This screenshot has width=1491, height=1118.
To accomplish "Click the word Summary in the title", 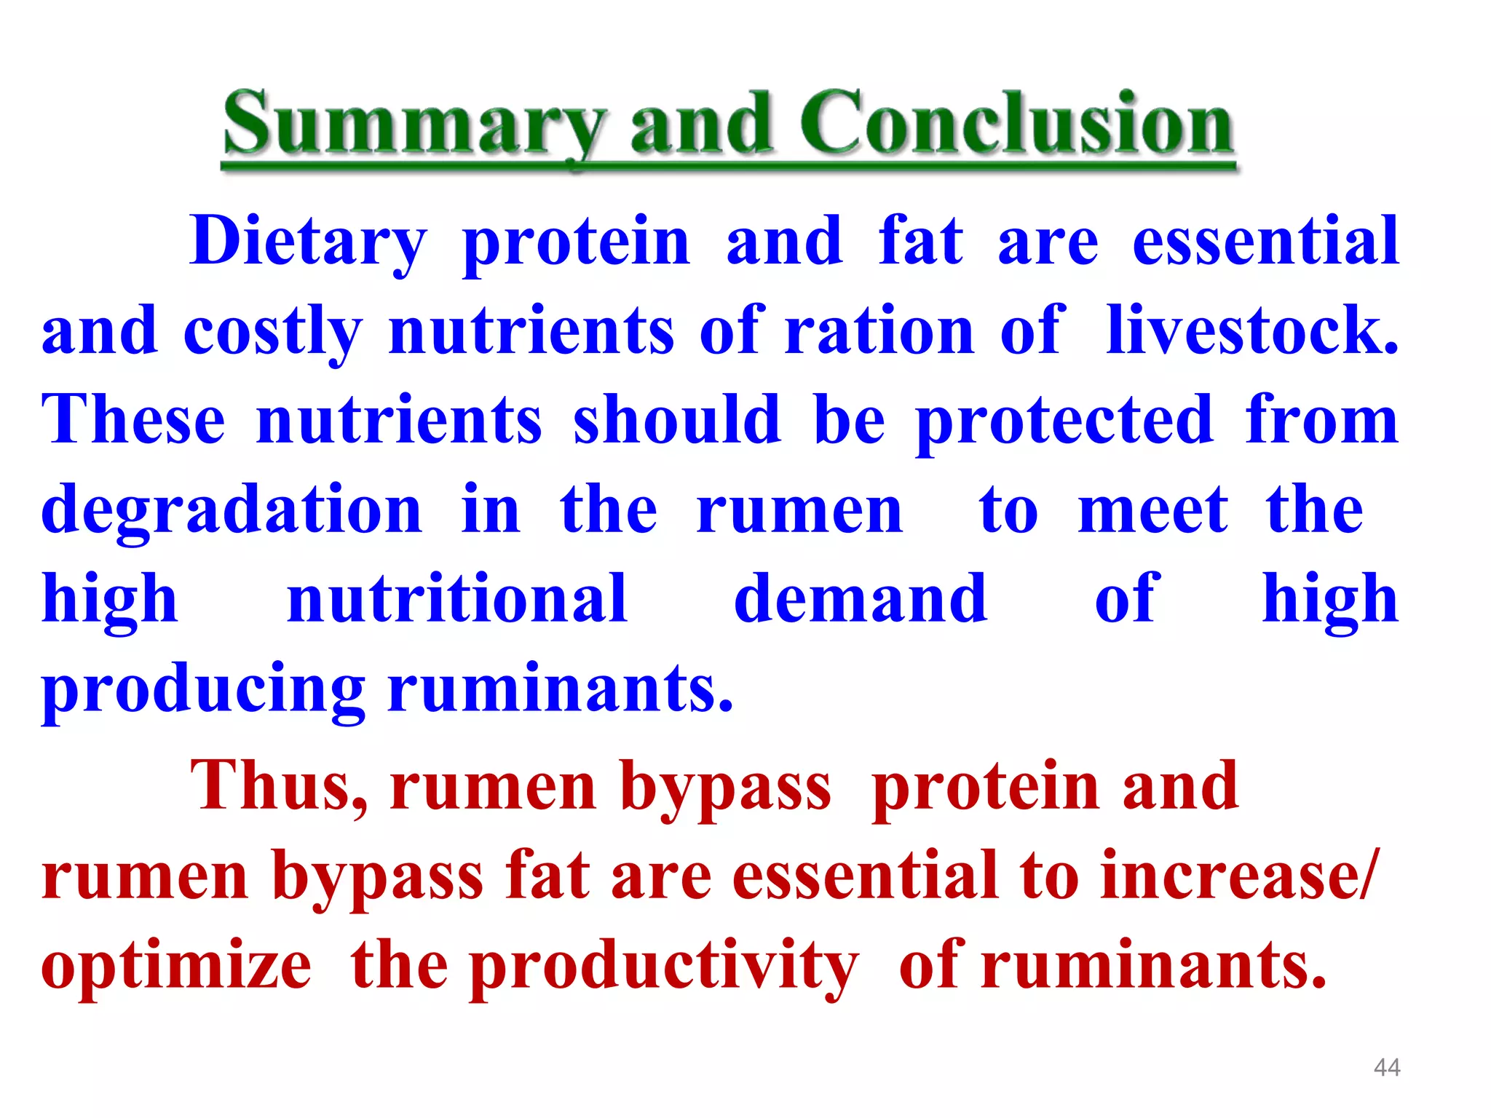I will tap(414, 125).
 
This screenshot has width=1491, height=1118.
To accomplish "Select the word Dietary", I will tap(307, 242).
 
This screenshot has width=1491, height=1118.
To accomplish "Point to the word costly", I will tap(272, 332).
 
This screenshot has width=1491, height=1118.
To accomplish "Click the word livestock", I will tap(1252, 330).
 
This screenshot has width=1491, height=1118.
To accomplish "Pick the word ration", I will tap(879, 332).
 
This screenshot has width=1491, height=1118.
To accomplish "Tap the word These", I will tap(133, 420).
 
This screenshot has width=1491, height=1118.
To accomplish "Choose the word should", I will tap(677, 420).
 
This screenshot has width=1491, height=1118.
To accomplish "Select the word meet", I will tap(1153, 510).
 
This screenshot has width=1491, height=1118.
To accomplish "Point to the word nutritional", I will tap(457, 599).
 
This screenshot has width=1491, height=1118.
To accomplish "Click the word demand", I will tap(861, 599).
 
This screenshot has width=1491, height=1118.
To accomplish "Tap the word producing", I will tap(204, 690).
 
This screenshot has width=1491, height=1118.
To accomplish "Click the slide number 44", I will tap(1387, 1068).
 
